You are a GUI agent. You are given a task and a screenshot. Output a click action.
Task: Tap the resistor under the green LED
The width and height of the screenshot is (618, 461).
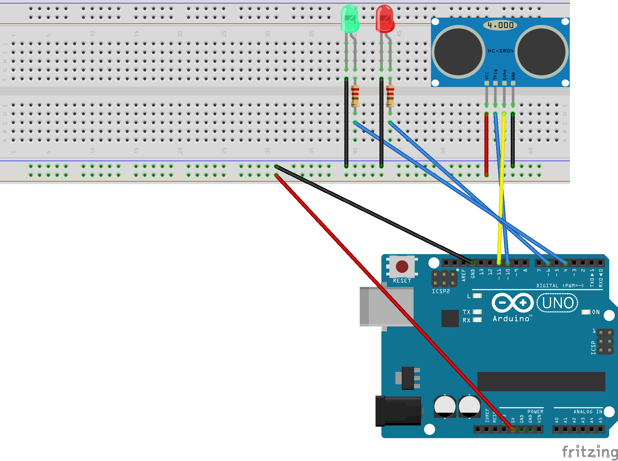(x=355, y=96)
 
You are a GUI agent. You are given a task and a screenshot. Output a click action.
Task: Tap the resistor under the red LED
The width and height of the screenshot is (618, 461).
(x=390, y=96)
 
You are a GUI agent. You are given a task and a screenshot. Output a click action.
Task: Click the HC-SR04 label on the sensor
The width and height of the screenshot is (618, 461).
(x=500, y=51)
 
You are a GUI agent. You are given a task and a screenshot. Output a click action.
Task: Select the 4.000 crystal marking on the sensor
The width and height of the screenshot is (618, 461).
(x=500, y=25)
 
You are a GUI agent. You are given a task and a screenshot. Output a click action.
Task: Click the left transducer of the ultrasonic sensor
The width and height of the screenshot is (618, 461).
(x=458, y=52)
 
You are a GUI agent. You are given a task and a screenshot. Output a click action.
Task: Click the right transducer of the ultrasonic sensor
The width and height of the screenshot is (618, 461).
(x=541, y=52)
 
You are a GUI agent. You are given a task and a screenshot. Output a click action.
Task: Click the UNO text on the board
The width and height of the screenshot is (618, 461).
(x=558, y=303)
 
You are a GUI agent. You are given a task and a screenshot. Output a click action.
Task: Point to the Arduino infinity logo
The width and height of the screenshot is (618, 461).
(x=512, y=303)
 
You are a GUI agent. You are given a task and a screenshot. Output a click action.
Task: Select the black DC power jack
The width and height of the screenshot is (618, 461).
(x=398, y=411)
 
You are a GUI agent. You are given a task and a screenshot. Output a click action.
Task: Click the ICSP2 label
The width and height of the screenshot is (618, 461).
(x=441, y=291)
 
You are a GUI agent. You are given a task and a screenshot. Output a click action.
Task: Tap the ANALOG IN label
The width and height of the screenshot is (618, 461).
(x=587, y=412)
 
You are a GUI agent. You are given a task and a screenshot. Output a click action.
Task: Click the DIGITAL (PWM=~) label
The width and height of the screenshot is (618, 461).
(x=560, y=286)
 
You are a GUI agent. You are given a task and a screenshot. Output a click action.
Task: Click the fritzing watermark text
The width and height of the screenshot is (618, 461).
(x=589, y=452)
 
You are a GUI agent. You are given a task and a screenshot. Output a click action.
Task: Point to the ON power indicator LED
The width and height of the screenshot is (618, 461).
(x=586, y=312)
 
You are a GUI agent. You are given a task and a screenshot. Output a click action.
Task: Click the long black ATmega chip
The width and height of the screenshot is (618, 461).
(x=541, y=381)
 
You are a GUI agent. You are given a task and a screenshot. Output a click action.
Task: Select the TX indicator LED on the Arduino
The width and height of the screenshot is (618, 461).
(x=477, y=312)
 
